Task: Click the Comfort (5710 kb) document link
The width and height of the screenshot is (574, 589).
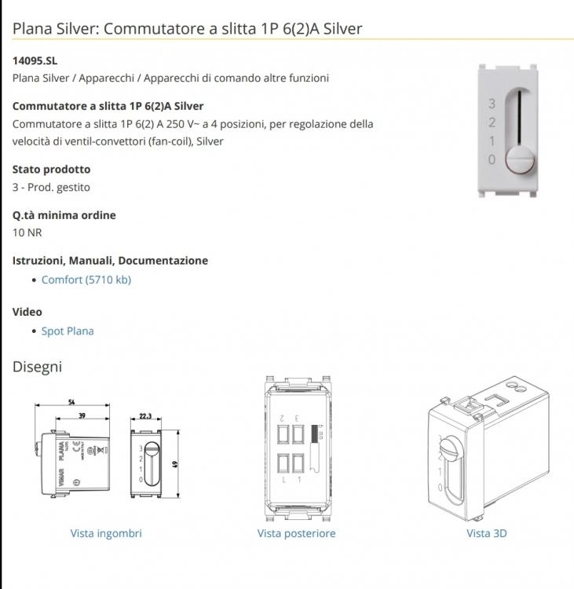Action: coord(86,280)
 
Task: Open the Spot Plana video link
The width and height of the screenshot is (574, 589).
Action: coord(68,331)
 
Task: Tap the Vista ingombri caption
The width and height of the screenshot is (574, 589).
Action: coord(106,533)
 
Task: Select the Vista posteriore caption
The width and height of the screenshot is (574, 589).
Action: coord(296,533)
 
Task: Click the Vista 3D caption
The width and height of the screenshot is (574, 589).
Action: coord(487,533)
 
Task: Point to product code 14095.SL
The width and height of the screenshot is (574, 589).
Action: coord(35,60)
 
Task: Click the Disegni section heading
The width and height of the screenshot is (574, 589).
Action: coord(37,367)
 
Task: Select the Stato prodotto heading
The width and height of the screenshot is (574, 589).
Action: coord(51,169)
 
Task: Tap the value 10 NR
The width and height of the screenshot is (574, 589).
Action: coord(27,232)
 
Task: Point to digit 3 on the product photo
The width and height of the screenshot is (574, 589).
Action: coord(492,104)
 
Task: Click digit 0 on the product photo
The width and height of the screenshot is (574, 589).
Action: coord(492,159)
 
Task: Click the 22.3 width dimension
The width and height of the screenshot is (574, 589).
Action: coord(145,416)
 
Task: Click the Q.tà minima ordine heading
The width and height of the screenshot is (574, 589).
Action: coord(64,214)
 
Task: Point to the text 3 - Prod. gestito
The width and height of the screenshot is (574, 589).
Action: coord(51,187)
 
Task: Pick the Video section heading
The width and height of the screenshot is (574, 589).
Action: coord(27,312)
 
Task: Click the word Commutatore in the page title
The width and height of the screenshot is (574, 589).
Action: coord(144,29)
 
